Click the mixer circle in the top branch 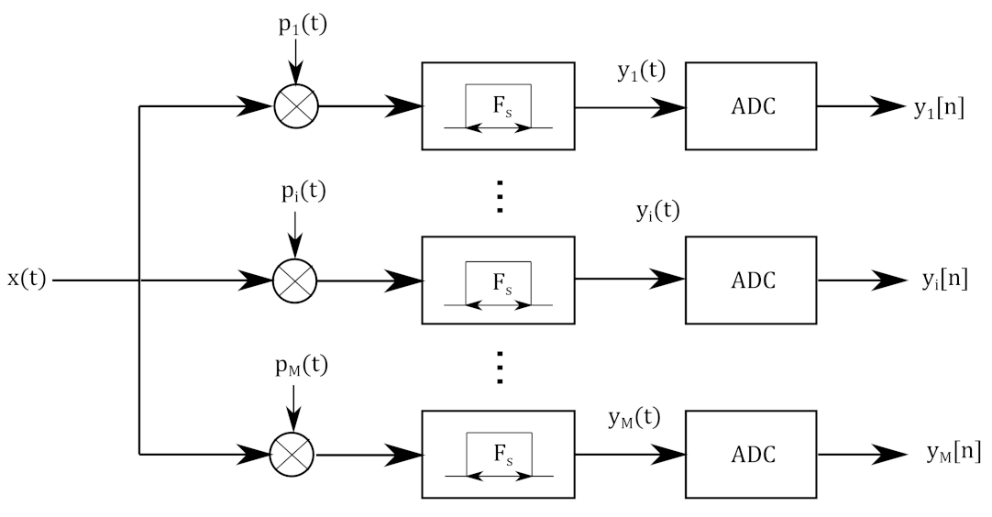tap(296, 106)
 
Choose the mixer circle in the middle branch tap(294, 280)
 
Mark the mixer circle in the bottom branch tap(293, 452)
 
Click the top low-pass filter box tap(498, 106)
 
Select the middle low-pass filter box tap(498, 280)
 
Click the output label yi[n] tap(944, 280)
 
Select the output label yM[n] tap(953, 453)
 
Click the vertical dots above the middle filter tap(500, 197)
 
